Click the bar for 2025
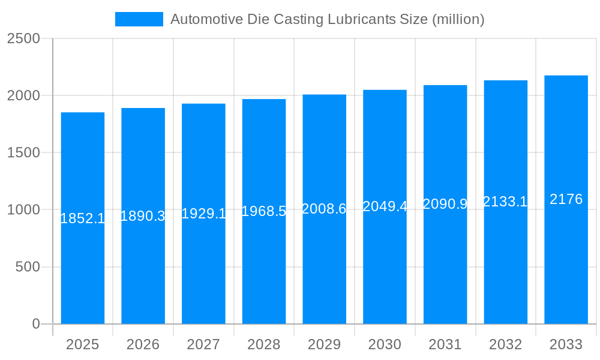coord(83,270)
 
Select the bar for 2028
coord(264,270)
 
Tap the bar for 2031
coord(445,270)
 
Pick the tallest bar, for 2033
coord(566,270)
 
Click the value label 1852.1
coord(83,218)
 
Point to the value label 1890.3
coord(143,216)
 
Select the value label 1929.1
coord(203,214)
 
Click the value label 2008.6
coord(324,209)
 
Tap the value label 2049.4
coord(385,206)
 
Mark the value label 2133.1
coord(505,202)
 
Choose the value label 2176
coord(566,199)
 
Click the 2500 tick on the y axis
coord(23,38)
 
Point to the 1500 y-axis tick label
coord(23,152)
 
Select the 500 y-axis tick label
coord(28,267)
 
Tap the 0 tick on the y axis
coord(35,324)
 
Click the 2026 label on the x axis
coord(143,344)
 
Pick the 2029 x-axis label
coord(324,344)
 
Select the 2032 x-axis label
coord(505,344)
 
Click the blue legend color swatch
coord(139,19)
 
